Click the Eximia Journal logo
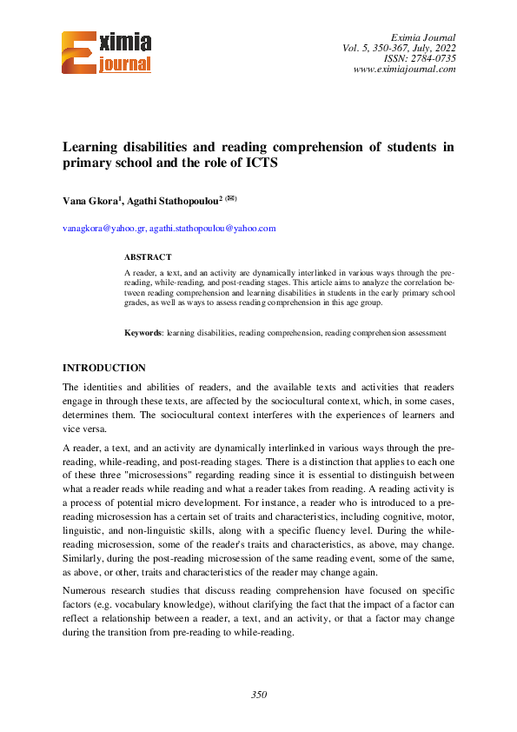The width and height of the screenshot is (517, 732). (x=107, y=52)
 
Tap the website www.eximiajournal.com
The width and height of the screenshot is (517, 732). (x=405, y=70)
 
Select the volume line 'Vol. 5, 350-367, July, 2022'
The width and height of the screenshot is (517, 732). (x=399, y=48)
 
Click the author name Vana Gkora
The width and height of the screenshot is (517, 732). (x=91, y=200)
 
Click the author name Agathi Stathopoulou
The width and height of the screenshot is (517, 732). (x=172, y=200)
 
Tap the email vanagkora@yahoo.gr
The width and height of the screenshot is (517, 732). (x=103, y=229)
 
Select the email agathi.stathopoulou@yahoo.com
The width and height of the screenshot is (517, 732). (x=212, y=229)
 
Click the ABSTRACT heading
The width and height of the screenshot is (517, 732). (x=148, y=257)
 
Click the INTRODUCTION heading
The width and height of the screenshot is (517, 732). (x=104, y=368)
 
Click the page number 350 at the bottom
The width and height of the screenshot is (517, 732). (x=258, y=695)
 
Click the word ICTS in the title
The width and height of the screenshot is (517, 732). (x=259, y=163)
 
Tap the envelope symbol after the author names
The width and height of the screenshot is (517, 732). (x=231, y=198)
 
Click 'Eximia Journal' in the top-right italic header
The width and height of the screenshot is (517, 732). (x=424, y=37)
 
